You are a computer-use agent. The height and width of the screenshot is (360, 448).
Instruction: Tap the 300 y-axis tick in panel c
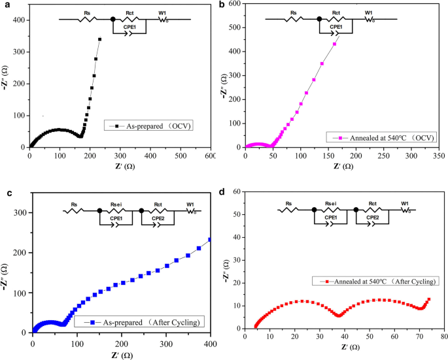[x=20, y=213]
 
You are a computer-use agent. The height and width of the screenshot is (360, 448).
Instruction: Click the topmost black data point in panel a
[x=99, y=39]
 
